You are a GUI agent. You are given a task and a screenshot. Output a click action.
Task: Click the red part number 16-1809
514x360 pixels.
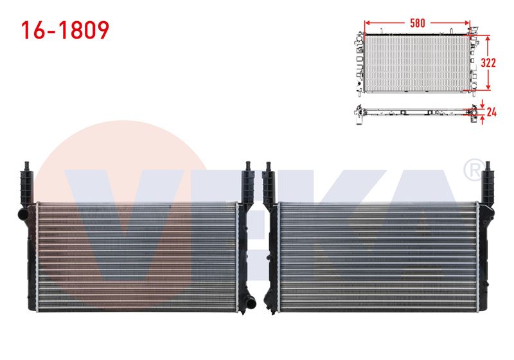[x=65, y=30]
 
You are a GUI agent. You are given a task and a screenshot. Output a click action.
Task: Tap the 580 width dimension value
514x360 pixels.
[x=417, y=23]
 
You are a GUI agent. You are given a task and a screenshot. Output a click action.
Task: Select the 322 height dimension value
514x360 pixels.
[x=488, y=62]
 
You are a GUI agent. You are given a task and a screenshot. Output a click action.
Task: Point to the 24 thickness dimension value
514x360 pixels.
[x=492, y=113]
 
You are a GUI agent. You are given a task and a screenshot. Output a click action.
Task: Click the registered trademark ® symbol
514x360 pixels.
[x=474, y=170]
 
